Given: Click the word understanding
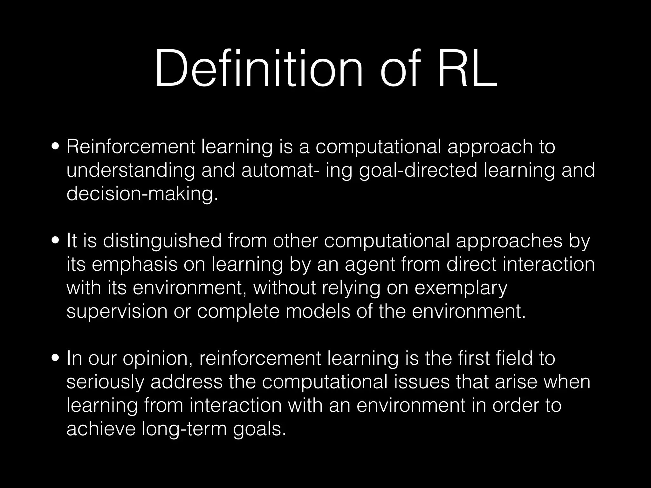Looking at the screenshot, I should point(130,170).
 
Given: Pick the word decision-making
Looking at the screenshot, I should point(142,194).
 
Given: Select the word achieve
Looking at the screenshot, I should point(101,429).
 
